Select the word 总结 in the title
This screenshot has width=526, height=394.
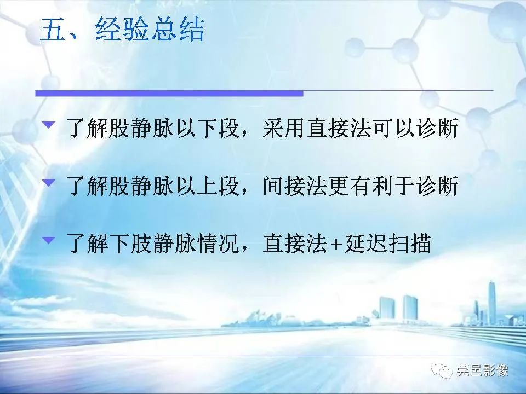177,30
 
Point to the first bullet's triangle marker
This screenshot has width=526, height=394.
49,125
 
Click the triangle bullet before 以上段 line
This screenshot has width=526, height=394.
49,183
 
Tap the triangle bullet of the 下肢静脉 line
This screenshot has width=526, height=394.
49,240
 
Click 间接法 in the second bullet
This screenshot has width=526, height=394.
291,187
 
